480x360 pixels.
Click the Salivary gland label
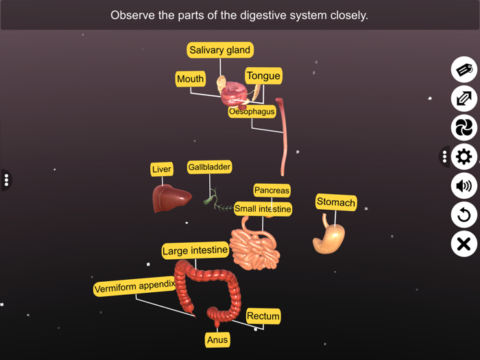click(220, 50)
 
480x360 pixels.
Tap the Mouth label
click(190, 79)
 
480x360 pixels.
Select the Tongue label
click(263, 75)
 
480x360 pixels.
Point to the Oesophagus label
click(252, 111)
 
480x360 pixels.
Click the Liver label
click(162, 169)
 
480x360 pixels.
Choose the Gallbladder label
click(210, 167)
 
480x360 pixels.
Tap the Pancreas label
click(272, 190)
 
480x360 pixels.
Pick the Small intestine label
click(263, 208)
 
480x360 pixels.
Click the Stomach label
click(336, 202)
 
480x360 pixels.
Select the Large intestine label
click(195, 251)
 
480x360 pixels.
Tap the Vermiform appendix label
click(134, 287)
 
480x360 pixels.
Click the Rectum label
click(263, 316)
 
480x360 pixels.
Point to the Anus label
click(217, 339)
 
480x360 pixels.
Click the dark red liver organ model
click(171, 198)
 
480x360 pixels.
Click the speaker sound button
click(464, 186)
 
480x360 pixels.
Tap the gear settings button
click(464, 156)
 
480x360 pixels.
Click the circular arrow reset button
click(464, 215)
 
